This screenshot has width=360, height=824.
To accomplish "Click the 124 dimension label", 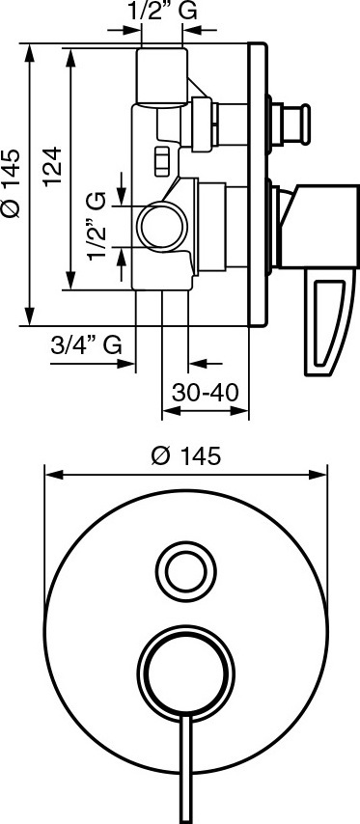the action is click(x=52, y=166).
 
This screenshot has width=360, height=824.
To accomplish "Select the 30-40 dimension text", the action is click(x=206, y=392).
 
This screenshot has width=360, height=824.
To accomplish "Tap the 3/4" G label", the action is click(x=87, y=345).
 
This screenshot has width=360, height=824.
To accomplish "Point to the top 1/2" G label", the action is click(x=162, y=12).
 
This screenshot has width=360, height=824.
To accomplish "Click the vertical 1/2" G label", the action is click(x=97, y=226).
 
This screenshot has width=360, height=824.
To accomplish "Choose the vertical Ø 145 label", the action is click(x=12, y=183).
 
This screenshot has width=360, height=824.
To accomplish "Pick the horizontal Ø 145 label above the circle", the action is click(x=185, y=455).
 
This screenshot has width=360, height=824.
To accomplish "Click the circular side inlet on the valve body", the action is click(x=163, y=226).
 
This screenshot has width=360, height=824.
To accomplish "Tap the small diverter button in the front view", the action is click(x=186, y=572).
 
